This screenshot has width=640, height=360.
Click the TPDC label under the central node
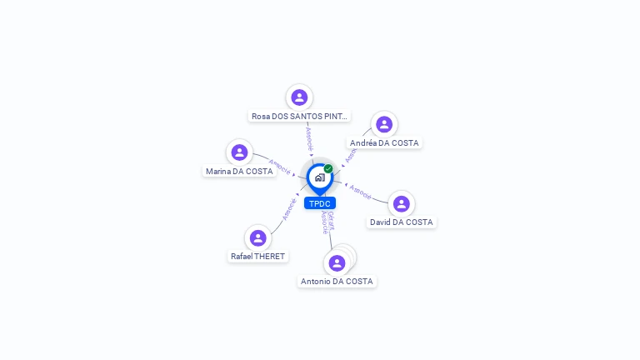click(x=320, y=203)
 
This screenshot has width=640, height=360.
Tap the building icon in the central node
click(x=319, y=177)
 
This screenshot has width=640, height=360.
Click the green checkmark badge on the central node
click(x=328, y=168)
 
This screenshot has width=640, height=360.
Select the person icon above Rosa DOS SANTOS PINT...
click(x=299, y=97)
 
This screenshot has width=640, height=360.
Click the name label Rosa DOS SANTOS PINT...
click(x=299, y=117)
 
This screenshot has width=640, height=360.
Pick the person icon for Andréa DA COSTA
click(x=384, y=124)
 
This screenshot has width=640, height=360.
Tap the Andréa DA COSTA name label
click(x=384, y=143)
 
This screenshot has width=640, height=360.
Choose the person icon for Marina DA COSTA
click(x=239, y=152)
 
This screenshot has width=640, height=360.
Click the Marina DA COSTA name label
click(x=239, y=172)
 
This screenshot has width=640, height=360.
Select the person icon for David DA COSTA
click(x=401, y=204)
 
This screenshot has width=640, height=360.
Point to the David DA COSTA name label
click(x=402, y=222)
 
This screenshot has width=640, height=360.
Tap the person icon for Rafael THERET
click(x=258, y=238)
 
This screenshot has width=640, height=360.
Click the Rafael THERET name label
click(x=258, y=257)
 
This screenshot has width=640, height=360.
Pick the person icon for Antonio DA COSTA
click(x=337, y=263)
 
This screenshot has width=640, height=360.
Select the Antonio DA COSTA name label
click(x=337, y=282)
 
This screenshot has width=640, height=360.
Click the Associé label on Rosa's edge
click(x=309, y=136)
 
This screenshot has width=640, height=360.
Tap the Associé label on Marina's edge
click(x=279, y=167)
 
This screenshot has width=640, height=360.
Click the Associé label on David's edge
click(x=361, y=192)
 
